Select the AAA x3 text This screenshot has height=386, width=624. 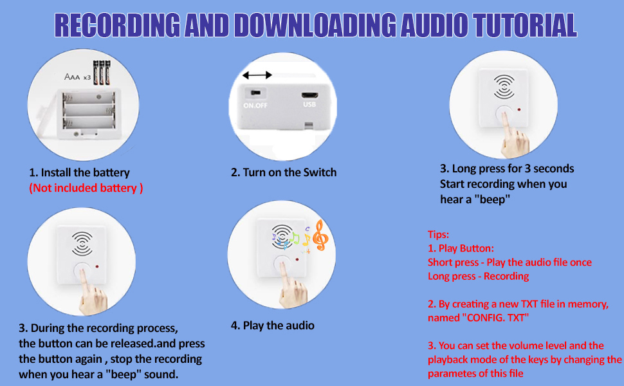[x=78, y=77]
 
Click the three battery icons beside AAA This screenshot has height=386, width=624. [x=102, y=72]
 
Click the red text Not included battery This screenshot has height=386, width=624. [x=86, y=188]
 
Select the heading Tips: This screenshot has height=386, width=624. [x=438, y=234]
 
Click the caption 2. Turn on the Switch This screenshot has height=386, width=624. [x=284, y=172]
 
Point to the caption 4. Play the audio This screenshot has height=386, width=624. [x=273, y=325]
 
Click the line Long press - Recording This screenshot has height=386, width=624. [x=478, y=276]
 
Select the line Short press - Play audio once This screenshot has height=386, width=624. [x=509, y=262]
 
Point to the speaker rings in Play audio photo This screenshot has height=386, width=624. [x=283, y=235]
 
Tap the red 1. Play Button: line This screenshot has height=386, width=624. [x=461, y=248]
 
